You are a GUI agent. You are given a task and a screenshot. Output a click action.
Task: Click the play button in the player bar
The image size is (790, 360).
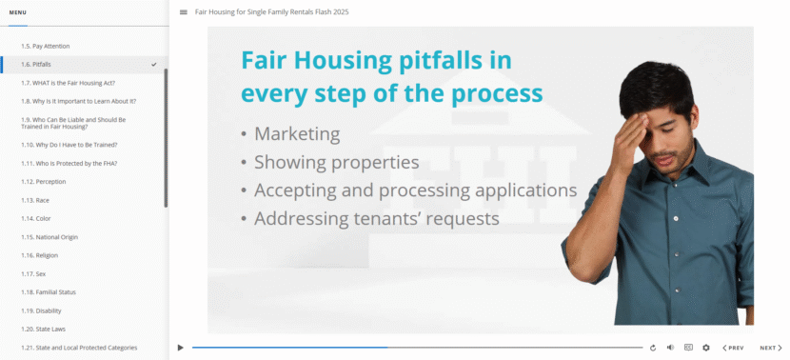[x=181, y=348]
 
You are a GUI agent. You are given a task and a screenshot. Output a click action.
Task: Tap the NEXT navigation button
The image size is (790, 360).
[x=771, y=348]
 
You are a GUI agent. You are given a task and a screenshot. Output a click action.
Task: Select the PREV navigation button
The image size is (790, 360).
[x=733, y=348]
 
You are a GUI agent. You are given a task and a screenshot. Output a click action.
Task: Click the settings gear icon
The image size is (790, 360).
[x=706, y=348]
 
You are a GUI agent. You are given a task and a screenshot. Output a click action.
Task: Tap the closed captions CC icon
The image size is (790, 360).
[x=688, y=348]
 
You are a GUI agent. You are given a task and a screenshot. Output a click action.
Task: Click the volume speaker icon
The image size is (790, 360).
[x=670, y=348]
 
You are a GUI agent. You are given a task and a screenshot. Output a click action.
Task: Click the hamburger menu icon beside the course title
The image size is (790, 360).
[x=184, y=12]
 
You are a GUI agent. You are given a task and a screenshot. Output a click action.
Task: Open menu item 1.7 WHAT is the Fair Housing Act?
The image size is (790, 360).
[x=68, y=83]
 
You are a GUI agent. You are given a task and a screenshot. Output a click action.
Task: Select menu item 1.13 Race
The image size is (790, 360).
[x=35, y=200]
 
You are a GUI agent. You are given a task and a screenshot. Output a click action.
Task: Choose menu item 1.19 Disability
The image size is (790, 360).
[x=41, y=310]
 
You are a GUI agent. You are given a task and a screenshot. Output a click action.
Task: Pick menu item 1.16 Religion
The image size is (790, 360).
[x=39, y=255]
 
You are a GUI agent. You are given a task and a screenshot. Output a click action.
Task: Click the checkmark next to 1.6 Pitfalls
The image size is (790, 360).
[x=153, y=64]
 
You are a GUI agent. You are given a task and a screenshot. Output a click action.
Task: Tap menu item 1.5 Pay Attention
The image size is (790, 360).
[x=46, y=46]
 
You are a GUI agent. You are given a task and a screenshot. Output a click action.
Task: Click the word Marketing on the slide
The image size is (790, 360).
[x=297, y=134]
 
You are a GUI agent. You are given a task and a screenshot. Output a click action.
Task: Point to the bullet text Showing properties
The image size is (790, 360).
[x=337, y=162]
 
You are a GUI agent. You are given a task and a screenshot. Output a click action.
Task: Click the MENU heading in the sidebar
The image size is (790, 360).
[x=18, y=12]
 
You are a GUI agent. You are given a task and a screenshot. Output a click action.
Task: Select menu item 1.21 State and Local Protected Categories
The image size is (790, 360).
[x=79, y=348]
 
